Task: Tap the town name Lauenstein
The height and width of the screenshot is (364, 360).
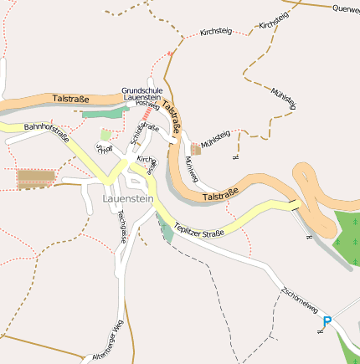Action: pyautogui.click(x=127, y=199)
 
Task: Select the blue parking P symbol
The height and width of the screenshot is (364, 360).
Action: pyautogui.click(x=327, y=320)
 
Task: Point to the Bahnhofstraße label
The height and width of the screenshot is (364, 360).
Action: pyautogui.click(x=47, y=132)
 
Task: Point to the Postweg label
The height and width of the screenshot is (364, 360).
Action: pyautogui.click(x=147, y=104)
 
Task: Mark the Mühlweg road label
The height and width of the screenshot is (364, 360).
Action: pyautogui.click(x=191, y=167)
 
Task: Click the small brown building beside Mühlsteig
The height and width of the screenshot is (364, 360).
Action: pyautogui.click(x=196, y=148)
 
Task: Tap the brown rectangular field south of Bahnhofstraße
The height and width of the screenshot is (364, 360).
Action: pyautogui.click(x=36, y=178)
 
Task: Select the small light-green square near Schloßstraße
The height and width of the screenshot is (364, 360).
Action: pyautogui.click(x=105, y=134)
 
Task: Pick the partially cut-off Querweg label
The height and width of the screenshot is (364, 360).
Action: pyautogui.click(x=345, y=9)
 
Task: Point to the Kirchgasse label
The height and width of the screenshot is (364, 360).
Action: pyautogui.click(x=147, y=161)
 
